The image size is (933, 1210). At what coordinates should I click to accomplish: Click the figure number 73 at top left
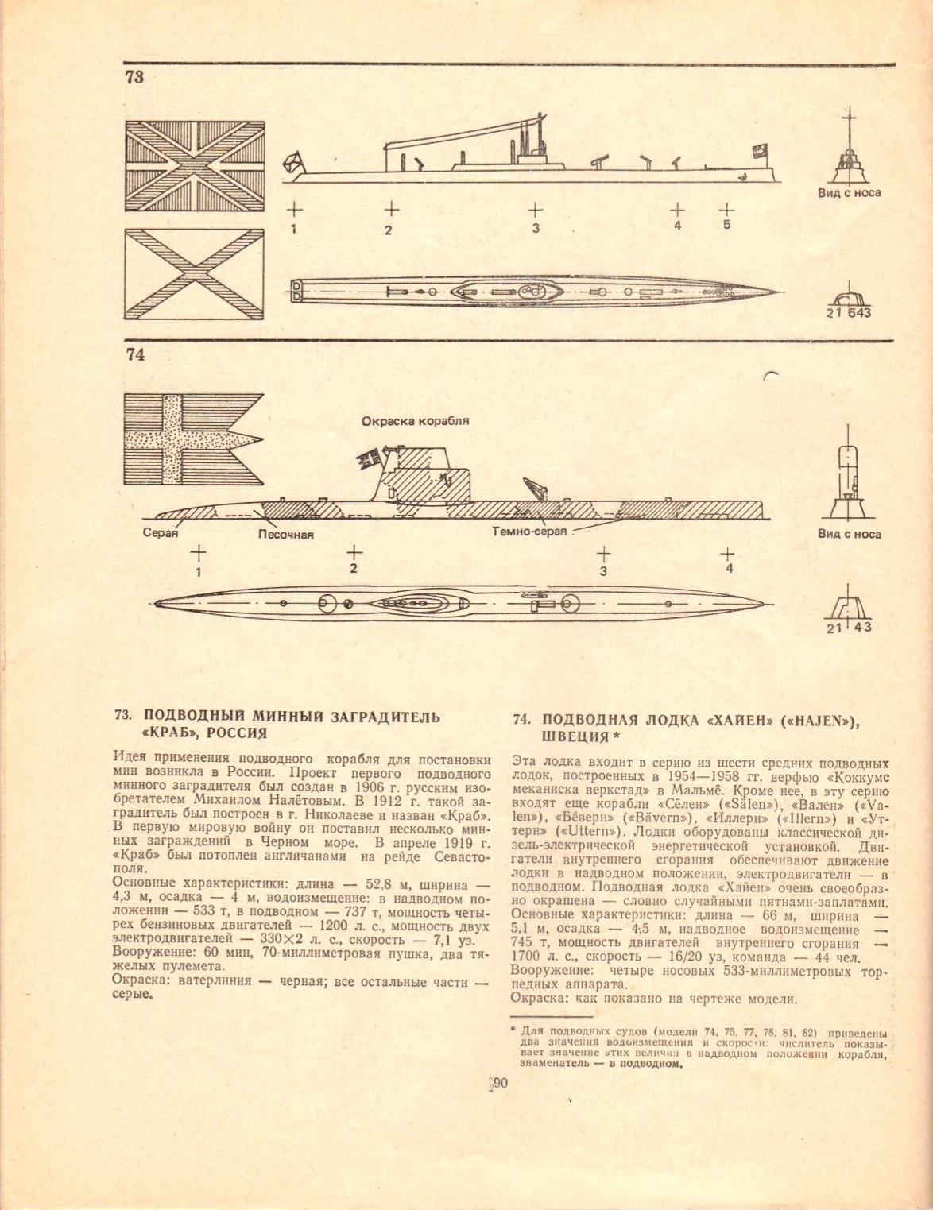[134, 78]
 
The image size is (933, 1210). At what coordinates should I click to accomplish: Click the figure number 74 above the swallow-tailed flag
[135, 355]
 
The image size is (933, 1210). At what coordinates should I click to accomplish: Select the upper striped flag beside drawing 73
[195, 166]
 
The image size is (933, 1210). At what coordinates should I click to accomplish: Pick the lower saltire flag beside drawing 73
[195, 274]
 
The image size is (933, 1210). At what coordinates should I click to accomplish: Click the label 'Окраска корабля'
[415, 421]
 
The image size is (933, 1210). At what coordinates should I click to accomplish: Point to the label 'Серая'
[160, 533]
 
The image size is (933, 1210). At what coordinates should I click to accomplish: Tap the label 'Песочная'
[285, 535]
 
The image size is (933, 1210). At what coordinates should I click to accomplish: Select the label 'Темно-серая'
[529, 532]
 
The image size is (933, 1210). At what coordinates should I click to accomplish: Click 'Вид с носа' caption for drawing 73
[849, 193]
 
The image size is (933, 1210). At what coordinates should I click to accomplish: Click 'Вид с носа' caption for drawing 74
[849, 534]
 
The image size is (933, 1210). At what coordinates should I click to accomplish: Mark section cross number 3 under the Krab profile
[536, 211]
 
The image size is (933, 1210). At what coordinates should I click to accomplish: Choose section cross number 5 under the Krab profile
[726, 210]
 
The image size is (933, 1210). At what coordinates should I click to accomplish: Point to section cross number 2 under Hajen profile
[354, 551]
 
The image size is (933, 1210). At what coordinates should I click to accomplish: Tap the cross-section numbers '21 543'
[848, 313]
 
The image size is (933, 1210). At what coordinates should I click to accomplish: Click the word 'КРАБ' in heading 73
[169, 733]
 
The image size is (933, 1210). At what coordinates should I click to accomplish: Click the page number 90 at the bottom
[499, 1083]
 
